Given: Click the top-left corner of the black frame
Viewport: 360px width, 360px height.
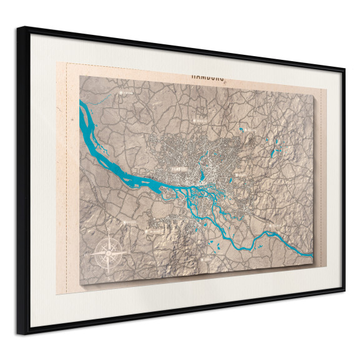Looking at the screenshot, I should pyautogui.click(x=26, y=28).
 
